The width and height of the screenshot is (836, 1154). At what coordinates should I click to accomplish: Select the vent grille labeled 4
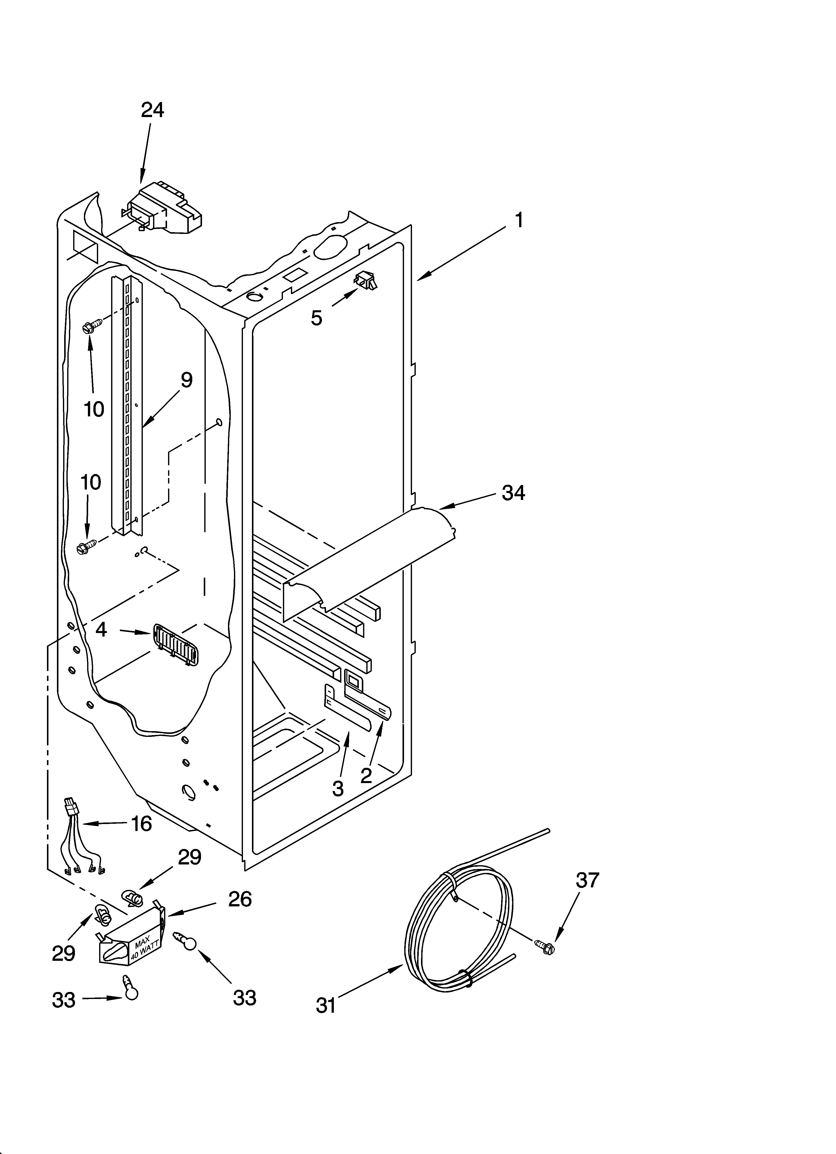175,644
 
